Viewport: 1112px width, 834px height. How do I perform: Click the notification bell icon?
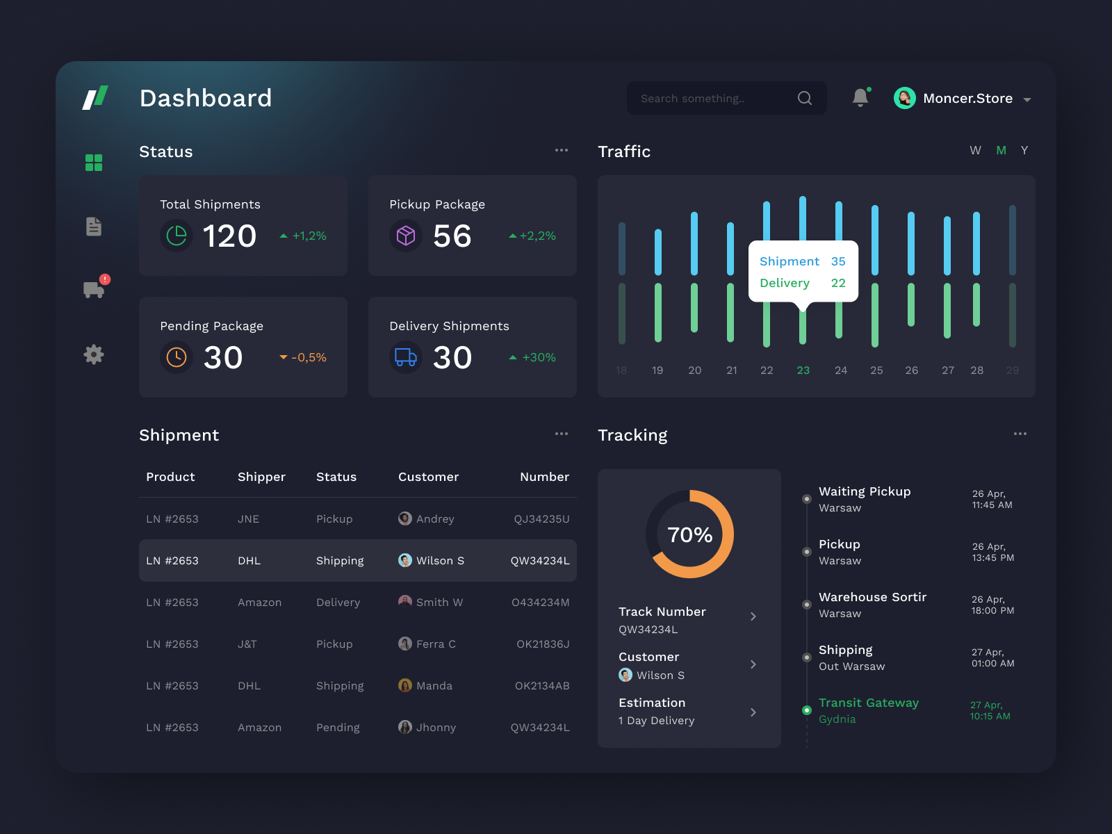(x=860, y=98)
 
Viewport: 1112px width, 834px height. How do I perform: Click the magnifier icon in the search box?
(x=805, y=98)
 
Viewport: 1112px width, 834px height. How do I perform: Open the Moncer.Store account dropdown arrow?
(x=1027, y=99)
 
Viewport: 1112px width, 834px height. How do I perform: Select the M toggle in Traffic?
(x=1001, y=151)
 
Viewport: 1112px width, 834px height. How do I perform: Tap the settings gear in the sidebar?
(x=94, y=354)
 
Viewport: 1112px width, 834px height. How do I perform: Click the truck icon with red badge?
(x=94, y=289)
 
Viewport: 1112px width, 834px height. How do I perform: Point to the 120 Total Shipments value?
(x=229, y=236)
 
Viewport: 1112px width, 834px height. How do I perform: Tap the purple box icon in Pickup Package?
(x=406, y=236)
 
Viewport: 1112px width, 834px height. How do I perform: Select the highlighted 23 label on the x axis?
(x=803, y=370)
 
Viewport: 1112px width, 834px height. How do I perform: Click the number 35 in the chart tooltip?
(x=838, y=261)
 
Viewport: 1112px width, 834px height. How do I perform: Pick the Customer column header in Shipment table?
(x=428, y=477)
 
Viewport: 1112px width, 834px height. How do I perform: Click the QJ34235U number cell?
(x=541, y=519)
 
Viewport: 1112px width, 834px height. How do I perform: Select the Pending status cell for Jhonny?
(x=338, y=728)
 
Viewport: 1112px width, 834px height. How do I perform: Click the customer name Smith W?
(x=439, y=603)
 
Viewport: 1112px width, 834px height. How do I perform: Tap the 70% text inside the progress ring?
(x=689, y=534)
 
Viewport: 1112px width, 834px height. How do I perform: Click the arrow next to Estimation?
(x=753, y=712)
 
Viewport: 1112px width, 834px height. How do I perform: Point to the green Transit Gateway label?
(x=868, y=703)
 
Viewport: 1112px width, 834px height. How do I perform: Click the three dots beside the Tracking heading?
(x=1020, y=434)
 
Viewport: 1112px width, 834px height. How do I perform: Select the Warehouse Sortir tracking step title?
(x=872, y=597)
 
